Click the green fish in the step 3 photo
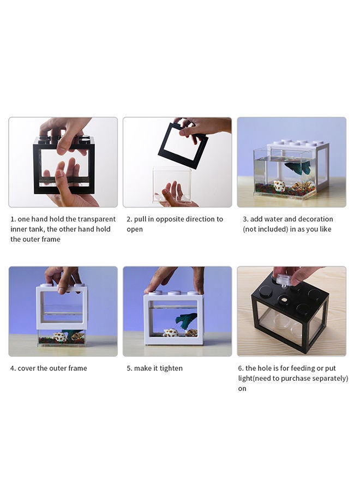301,167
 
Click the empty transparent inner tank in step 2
172,184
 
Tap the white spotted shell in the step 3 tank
279,186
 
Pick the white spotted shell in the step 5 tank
171,332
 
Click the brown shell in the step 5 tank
191,332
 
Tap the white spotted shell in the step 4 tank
59,338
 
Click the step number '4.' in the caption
13,368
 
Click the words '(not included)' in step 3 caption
267,229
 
